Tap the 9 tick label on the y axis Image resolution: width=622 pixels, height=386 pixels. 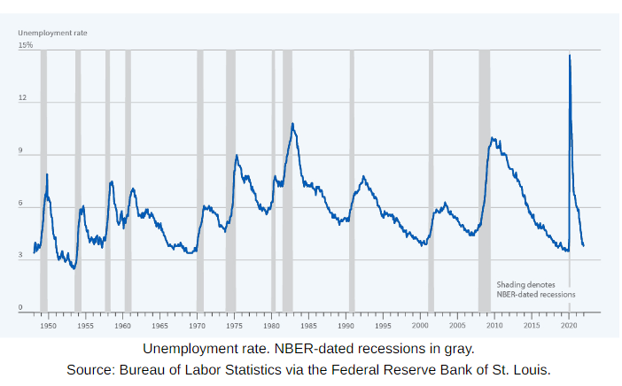click(22, 152)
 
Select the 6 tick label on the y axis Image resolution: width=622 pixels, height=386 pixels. click(22, 205)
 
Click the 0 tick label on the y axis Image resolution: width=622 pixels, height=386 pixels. click(22, 307)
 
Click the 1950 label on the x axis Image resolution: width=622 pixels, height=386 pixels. click(48, 326)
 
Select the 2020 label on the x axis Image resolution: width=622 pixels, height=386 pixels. click(568, 326)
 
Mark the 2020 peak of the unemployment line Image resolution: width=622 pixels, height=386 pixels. click(569, 55)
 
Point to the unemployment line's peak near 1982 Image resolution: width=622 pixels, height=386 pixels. click(292, 124)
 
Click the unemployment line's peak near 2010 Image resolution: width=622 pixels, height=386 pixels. click(493, 137)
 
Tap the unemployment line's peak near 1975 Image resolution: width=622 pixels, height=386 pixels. click(237, 156)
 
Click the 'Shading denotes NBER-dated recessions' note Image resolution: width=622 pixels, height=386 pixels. click(535, 289)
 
